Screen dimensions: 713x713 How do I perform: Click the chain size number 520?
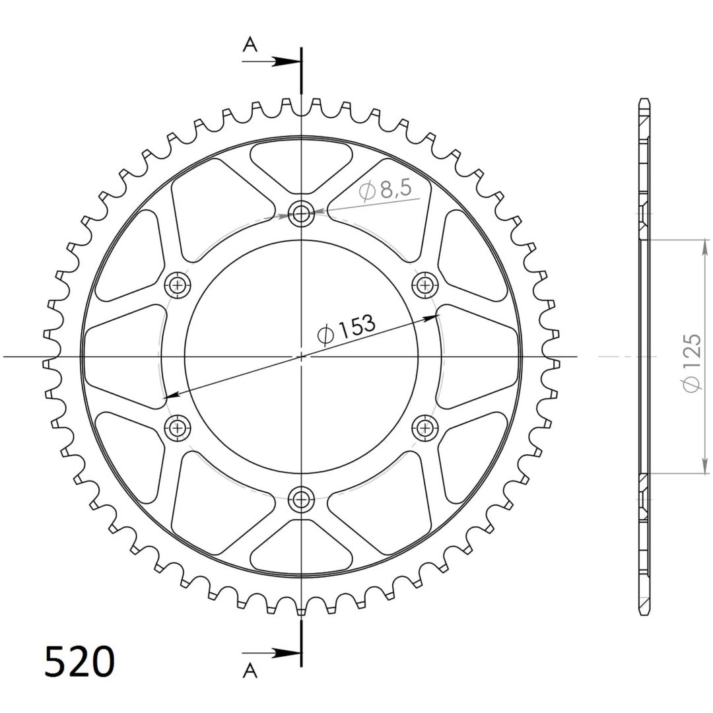tap(80, 662)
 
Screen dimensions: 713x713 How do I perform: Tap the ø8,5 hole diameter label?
tap(385, 190)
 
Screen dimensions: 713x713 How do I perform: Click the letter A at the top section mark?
tap(250, 45)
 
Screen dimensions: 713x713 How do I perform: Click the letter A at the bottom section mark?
tap(250, 670)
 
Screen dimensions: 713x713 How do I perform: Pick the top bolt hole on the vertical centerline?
tap(301, 213)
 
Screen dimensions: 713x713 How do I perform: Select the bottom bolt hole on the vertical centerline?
tap(301, 499)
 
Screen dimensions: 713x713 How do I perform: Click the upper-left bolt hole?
tap(177, 285)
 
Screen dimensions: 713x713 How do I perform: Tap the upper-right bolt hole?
tap(425, 285)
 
